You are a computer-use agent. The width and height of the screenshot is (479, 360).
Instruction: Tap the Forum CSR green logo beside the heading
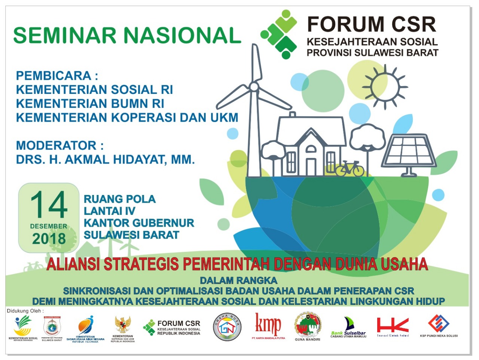click(280, 34)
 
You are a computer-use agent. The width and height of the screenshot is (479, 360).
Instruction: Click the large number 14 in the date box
click(49, 205)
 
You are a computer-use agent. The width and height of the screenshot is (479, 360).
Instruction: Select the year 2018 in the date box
click(49, 239)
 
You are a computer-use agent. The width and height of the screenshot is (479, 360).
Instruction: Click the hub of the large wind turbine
click(254, 87)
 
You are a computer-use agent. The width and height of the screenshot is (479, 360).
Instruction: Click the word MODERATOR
click(56, 145)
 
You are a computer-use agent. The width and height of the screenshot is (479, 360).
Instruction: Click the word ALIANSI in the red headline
click(73, 264)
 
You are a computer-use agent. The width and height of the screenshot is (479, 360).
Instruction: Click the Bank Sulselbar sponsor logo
click(348, 327)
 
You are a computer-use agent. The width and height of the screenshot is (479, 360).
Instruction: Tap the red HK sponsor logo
click(393, 326)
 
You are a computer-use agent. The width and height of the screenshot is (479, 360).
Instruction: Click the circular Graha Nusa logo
click(227, 327)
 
